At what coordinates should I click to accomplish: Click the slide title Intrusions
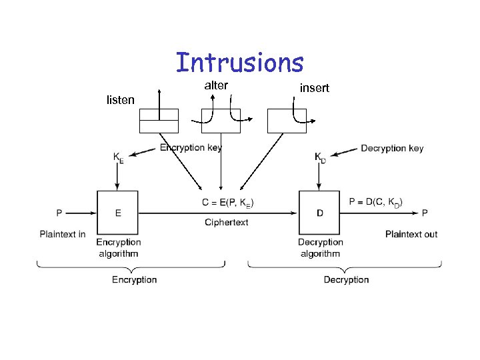pos(240,63)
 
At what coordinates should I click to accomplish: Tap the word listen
pos(121,100)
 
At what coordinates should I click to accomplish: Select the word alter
pos(216,85)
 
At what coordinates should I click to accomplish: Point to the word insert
pos(315,88)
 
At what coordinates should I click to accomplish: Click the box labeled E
pos(118,212)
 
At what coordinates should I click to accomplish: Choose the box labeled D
pos(319,212)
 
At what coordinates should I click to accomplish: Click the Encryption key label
pos(191,148)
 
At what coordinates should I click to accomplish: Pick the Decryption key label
pos(392,148)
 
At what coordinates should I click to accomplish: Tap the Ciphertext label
pos(227,222)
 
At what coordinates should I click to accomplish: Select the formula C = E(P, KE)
pos(227,203)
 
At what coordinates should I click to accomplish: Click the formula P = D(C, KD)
pos(376,202)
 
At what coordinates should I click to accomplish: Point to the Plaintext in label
pos(63,234)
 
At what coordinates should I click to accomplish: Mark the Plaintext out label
pos(411,234)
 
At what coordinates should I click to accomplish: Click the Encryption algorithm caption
pos(118,247)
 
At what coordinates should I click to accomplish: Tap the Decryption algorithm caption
pos(320,247)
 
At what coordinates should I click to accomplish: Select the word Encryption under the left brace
pos(134,280)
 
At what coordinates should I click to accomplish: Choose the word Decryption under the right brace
pos(346,280)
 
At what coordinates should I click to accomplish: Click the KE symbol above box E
pos(118,157)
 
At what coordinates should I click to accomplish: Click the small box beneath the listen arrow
pos(159,121)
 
